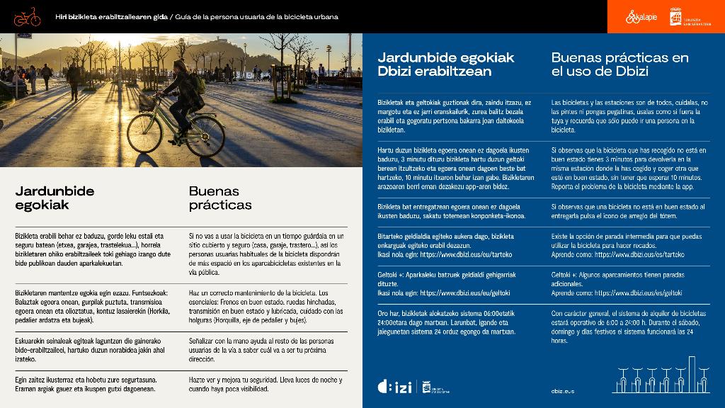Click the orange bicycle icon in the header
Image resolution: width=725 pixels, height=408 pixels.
(x=27, y=16)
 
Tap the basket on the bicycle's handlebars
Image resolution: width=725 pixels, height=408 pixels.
(x=147, y=103)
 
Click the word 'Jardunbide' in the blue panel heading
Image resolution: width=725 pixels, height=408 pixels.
(x=411, y=57)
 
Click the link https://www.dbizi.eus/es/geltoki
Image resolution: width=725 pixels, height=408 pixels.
(x=638, y=293)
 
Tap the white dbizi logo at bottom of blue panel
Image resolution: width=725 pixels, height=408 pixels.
(x=394, y=387)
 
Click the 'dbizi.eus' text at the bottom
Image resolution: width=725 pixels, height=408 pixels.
(x=563, y=390)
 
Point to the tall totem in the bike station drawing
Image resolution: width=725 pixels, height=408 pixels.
(x=692, y=373)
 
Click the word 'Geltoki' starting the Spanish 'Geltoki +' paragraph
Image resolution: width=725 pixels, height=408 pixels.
(x=563, y=273)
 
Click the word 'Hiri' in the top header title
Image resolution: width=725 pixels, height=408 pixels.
(x=62, y=17)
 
